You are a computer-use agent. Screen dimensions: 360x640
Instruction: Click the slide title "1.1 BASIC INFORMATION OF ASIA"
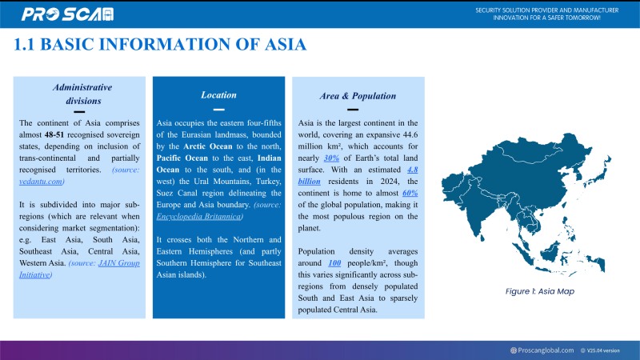tap(160, 45)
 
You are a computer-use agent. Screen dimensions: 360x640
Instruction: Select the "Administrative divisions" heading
tap(82, 94)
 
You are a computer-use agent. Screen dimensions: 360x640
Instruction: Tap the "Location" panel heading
tap(218, 95)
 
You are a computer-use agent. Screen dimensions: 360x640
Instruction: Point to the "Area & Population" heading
tap(358, 95)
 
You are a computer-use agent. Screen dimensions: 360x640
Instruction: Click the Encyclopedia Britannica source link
tap(200, 216)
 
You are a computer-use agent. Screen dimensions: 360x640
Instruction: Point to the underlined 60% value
tap(410, 193)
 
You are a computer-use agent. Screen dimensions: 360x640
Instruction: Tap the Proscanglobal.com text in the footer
tap(546, 350)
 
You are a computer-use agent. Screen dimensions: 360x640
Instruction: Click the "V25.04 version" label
tap(603, 350)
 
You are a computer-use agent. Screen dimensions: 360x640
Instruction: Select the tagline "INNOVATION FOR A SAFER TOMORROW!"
tap(548, 18)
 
